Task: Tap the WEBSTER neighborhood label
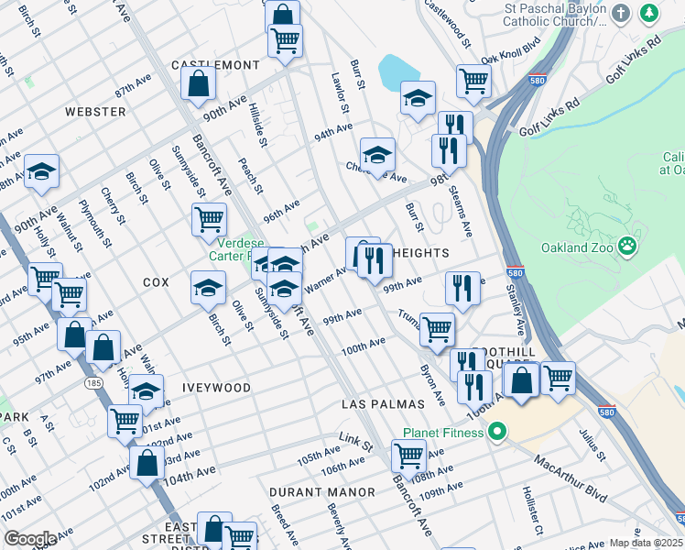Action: coord(95,112)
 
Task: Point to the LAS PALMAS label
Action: coord(383,404)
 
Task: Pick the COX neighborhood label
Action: coord(156,283)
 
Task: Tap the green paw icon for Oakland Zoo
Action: coord(627,246)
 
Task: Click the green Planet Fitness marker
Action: coord(497,430)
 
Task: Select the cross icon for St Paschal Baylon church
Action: coord(622,14)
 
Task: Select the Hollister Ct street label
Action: coord(527,511)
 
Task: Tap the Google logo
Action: coord(29,539)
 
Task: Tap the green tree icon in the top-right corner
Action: coord(649,14)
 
